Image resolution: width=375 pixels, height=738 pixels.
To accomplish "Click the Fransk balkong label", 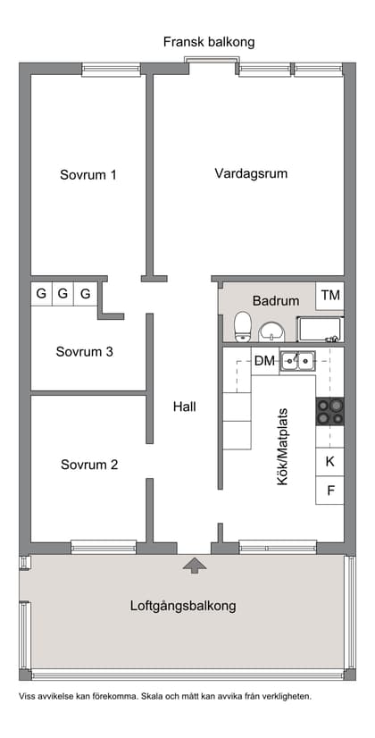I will (209, 42).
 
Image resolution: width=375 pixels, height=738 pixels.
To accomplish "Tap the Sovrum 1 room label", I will (88, 175).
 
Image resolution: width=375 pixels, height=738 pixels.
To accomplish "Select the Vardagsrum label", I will (251, 173).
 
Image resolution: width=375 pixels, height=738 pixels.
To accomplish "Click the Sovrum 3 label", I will (84, 352).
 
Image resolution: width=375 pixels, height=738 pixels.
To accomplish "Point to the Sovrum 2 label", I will (89, 465).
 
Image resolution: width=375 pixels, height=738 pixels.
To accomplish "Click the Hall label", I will (185, 407).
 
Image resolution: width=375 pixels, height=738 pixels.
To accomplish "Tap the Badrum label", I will (276, 301).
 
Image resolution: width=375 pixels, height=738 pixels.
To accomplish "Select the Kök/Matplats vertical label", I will (284, 447).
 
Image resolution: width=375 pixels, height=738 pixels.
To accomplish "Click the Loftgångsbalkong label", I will (183, 606).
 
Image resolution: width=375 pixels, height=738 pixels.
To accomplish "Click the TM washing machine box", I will (330, 295).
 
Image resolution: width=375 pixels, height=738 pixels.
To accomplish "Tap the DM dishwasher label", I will (264, 361).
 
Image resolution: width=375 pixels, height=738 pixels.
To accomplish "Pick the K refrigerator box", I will (329, 462).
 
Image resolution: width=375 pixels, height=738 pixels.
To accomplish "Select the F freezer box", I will (329, 491).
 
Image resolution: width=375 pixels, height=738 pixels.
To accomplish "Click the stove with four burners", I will (329, 411).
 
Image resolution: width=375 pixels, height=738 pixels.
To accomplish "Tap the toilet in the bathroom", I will (242, 326).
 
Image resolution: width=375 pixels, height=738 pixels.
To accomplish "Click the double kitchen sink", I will (297, 361).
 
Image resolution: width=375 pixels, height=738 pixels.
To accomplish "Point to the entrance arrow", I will (193, 564).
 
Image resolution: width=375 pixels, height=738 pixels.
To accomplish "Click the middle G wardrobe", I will (63, 293).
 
